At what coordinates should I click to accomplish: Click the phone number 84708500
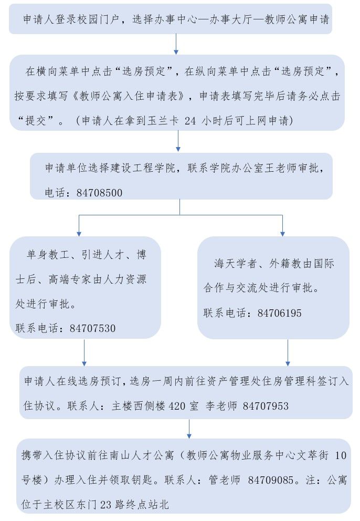tap(99, 193)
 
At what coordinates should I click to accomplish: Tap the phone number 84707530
tap(92, 328)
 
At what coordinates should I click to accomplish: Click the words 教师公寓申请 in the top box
tap(295, 19)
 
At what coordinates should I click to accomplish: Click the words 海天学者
tap(232, 264)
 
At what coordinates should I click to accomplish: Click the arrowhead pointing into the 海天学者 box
tap(282, 232)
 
